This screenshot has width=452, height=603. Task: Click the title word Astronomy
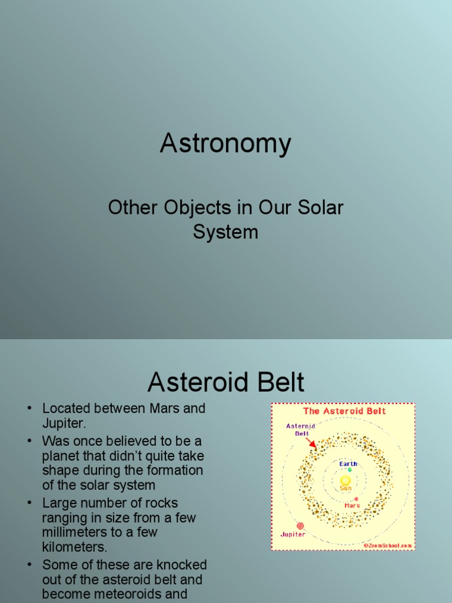point(225,144)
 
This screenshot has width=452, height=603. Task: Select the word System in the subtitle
point(225,231)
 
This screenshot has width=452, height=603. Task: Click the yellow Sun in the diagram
point(345,481)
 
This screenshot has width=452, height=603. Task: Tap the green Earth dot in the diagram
point(350,469)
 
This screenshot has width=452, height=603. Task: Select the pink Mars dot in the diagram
point(356,499)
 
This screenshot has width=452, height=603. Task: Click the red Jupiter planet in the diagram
point(300,525)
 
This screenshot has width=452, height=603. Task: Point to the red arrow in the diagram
point(311,442)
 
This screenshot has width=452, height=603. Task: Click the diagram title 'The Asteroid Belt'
point(344,411)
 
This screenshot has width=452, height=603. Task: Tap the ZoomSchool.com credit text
point(387,545)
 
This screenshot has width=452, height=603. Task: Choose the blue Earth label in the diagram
point(348,463)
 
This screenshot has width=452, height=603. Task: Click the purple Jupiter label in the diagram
point(293,535)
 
